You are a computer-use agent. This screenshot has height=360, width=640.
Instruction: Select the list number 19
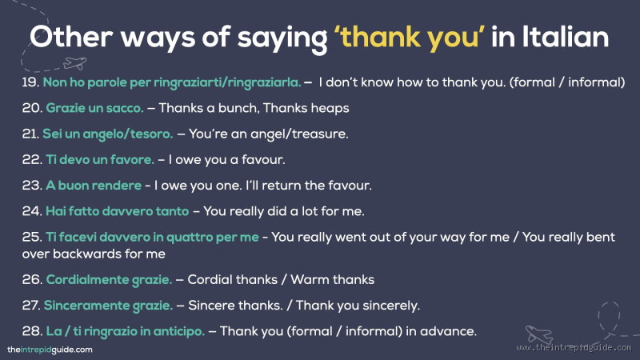pyautogui.click(x=30, y=82)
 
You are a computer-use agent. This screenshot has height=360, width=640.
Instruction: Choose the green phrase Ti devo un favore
pyautogui.click(x=100, y=159)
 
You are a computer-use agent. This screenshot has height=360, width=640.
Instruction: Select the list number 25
pyautogui.click(x=31, y=237)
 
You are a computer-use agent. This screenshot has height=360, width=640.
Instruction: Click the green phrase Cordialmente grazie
pyautogui.click(x=109, y=279)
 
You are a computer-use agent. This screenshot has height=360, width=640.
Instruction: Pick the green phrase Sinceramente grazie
pyautogui.click(x=108, y=305)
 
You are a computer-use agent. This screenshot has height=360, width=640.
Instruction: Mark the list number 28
pyautogui.click(x=31, y=330)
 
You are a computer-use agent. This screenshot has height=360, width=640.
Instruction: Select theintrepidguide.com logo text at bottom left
pyautogui.click(x=50, y=349)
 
